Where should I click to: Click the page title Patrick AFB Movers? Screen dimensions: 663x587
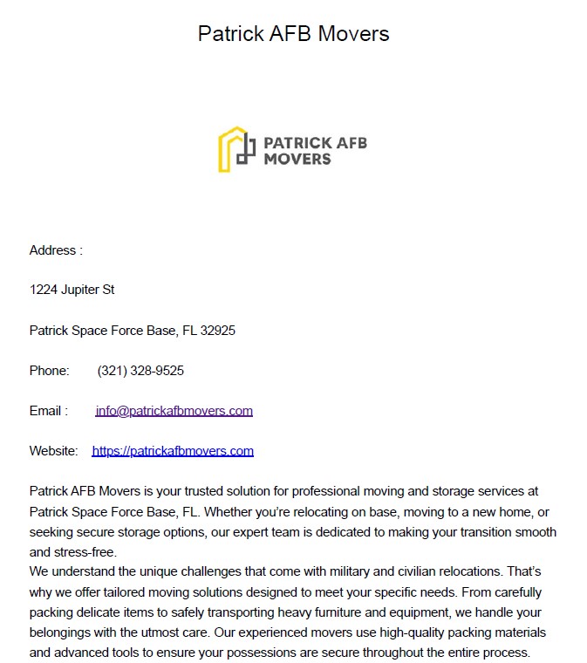pyautogui.click(x=293, y=34)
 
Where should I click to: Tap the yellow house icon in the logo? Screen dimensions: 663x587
pyautogui.click(x=229, y=149)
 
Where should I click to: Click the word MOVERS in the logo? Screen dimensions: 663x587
pyautogui.click(x=297, y=159)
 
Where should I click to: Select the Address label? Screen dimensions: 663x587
pyautogui.click(x=56, y=250)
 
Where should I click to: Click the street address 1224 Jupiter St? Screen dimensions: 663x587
pyautogui.click(x=72, y=290)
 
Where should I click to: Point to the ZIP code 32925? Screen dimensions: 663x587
pyautogui.click(x=217, y=331)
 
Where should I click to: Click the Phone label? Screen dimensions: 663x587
pyautogui.click(x=49, y=371)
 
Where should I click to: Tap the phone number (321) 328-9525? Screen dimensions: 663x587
pyautogui.click(x=140, y=371)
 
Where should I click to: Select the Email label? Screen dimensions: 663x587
pyautogui.click(x=48, y=411)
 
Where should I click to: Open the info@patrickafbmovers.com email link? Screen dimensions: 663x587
pyautogui.click(x=174, y=411)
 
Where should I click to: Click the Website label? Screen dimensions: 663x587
pyautogui.click(x=54, y=451)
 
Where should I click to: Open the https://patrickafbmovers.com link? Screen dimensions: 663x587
pyautogui.click(x=173, y=451)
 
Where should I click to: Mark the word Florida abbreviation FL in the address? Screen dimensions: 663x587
pyautogui.click(x=189, y=331)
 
